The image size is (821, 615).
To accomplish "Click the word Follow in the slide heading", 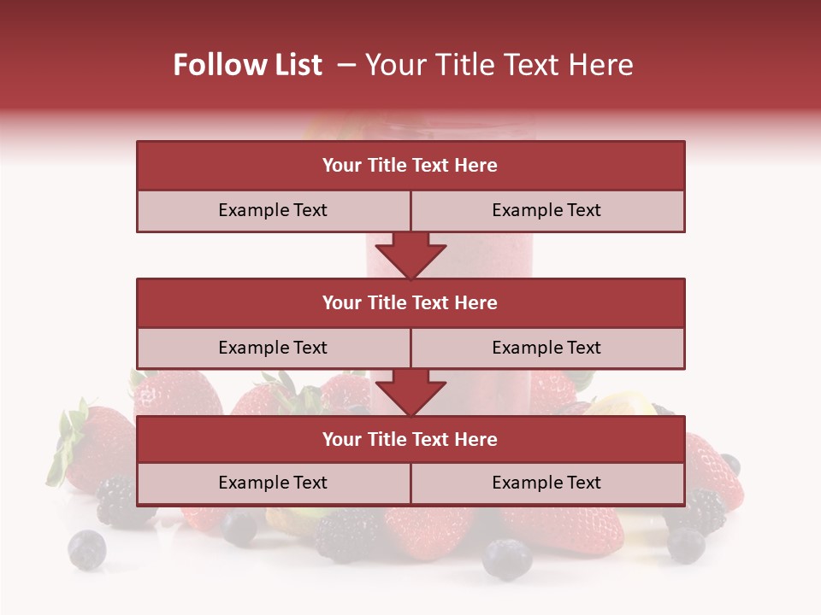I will [x=211, y=66].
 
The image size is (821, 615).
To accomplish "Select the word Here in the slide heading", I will [x=603, y=66].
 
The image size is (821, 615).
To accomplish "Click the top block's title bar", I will [x=410, y=166].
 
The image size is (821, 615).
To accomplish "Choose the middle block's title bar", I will [x=410, y=303].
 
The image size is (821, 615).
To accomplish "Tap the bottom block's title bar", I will [x=410, y=440].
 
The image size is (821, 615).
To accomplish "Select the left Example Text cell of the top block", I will [x=274, y=211].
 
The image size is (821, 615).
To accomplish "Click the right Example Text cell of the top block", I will [x=547, y=211].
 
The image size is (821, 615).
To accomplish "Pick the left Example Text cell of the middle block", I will [x=274, y=348].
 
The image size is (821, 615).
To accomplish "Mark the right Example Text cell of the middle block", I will [x=547, y=348].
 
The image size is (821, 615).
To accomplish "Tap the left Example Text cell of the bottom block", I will [x=274, y=483].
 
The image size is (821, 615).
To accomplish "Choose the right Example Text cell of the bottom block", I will [x=547, y=483].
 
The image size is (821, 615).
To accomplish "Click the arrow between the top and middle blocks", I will [x=410, y=255].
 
